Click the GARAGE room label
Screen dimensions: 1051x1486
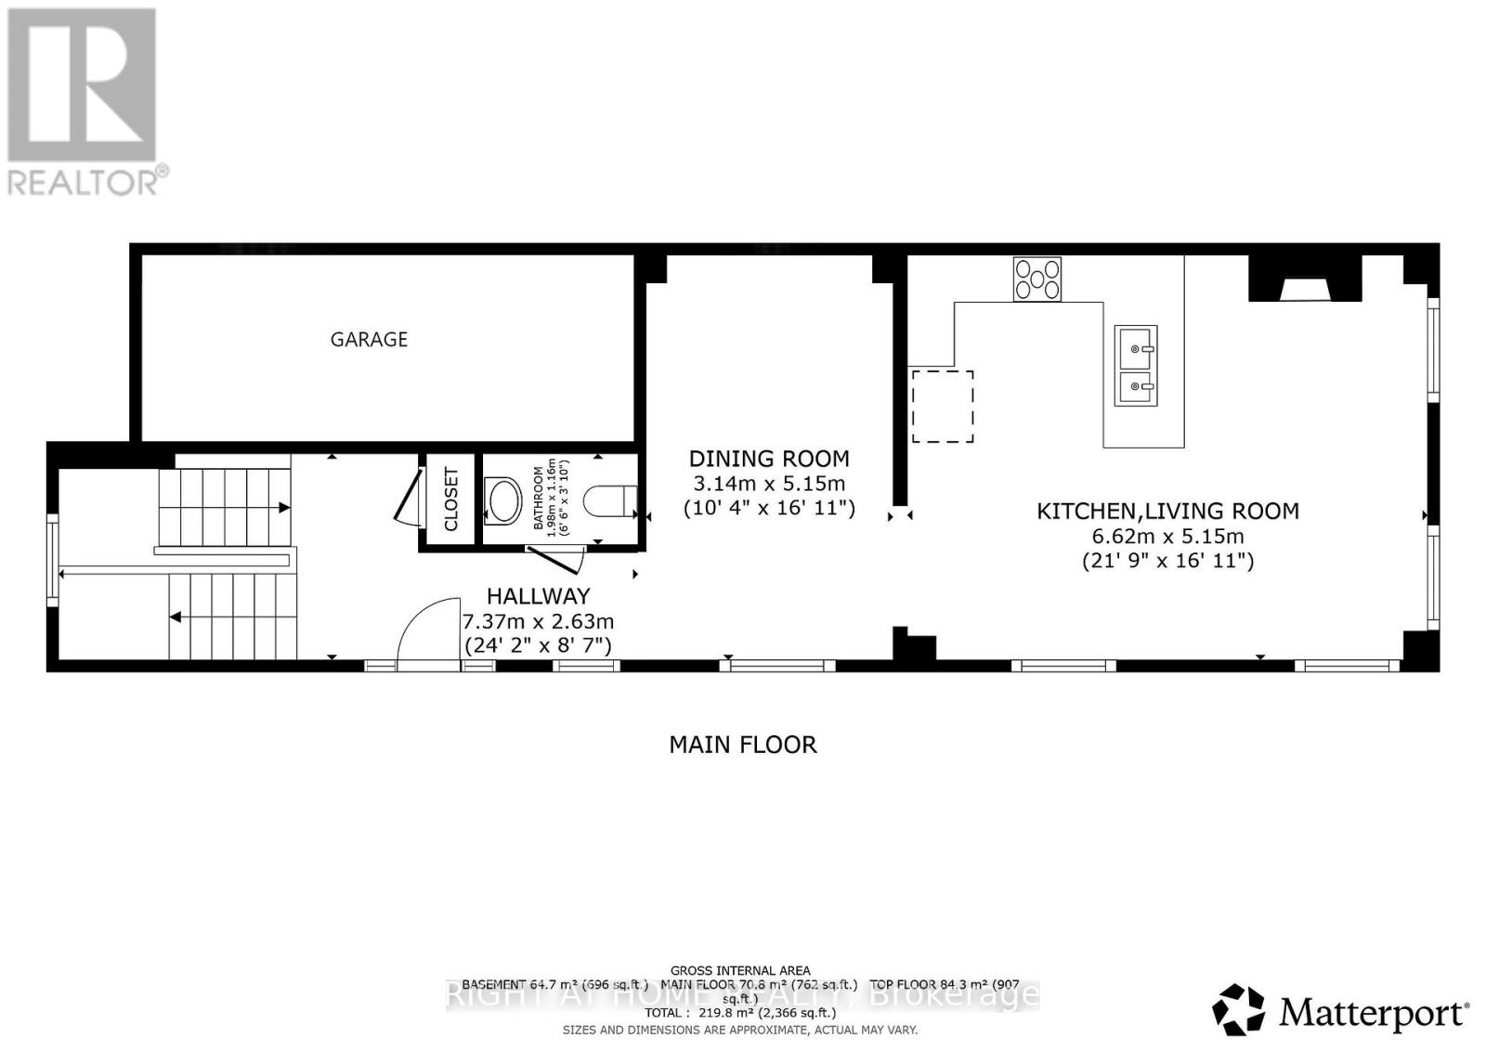(369, 340)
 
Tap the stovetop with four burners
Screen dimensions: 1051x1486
(1036, 279)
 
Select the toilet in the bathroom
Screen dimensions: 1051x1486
(612, 501)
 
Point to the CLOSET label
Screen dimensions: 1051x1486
(451, 500)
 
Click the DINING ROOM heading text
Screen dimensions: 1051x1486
(768, 459)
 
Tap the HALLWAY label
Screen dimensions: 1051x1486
(538, 596)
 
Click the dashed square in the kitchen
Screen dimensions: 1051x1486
(943, 407)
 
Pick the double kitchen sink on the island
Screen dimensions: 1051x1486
(1136, 366)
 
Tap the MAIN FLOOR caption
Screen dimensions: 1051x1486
(743, 745)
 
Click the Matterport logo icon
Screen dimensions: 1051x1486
(1238, 1009)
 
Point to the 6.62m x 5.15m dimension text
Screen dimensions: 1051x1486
(1167, 536)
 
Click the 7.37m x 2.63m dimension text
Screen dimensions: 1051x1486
(538, 621)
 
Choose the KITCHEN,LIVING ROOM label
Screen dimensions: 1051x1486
(1167, 511)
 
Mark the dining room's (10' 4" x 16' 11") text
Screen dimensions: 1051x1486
(768, 508)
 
